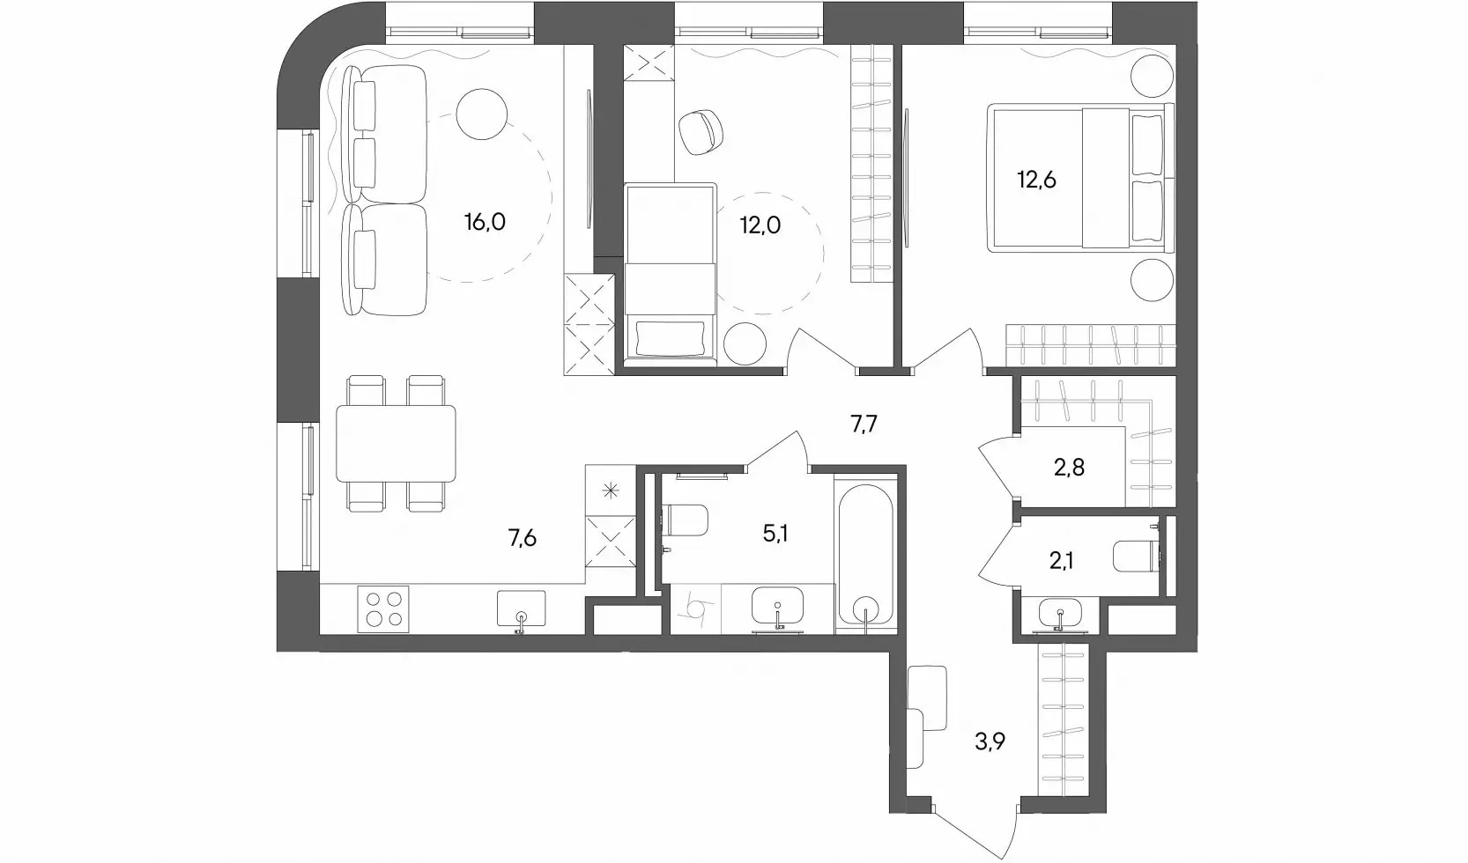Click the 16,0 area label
485,223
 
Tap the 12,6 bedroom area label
1037,180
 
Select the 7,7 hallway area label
864,425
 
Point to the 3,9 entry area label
990,741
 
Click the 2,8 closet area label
1069,468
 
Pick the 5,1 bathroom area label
775,534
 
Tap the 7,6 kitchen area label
523,538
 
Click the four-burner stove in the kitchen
383,609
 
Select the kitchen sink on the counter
521,609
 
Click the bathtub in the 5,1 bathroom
866,557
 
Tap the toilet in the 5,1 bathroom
685,520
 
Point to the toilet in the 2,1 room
1137,557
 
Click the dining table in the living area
396,444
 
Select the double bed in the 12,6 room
1080,178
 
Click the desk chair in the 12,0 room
701,132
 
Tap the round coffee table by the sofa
482,114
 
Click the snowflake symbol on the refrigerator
611,491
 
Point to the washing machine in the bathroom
696,609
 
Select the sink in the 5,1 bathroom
777,609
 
